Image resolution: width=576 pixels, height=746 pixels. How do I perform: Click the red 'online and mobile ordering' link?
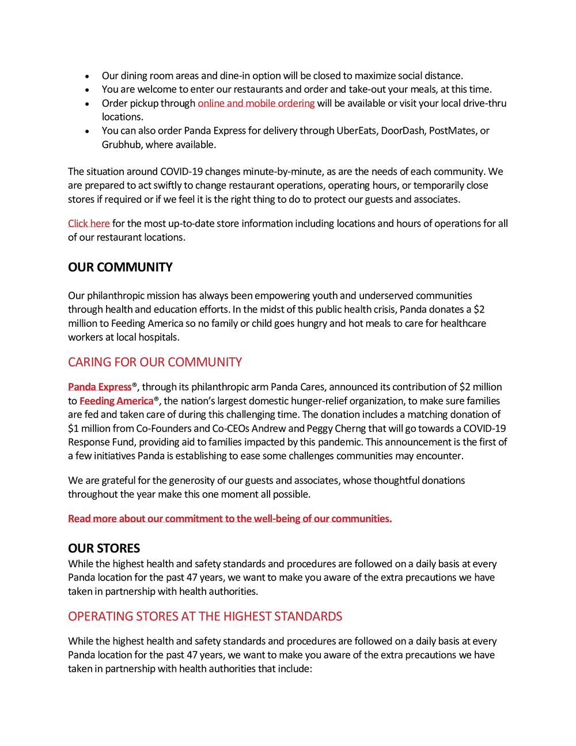coord(256,103)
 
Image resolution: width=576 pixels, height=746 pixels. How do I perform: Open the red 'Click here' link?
coord(89,223)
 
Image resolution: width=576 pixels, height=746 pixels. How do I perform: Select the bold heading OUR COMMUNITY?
coord(120,267)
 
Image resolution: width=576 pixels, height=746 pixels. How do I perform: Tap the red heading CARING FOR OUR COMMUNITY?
coord(154,362)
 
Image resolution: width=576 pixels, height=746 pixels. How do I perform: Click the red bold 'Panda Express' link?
coord(100,387)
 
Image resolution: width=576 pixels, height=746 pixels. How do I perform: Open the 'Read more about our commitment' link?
coord(230,518)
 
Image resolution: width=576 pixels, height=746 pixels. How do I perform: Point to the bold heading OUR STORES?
coord(104,548)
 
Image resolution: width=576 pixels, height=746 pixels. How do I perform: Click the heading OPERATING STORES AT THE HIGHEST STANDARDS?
coord(204,616)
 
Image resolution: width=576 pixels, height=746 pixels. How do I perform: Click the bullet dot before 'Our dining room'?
coord(86,76)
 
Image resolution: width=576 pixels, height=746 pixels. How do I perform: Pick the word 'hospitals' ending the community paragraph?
coord(159,337)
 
